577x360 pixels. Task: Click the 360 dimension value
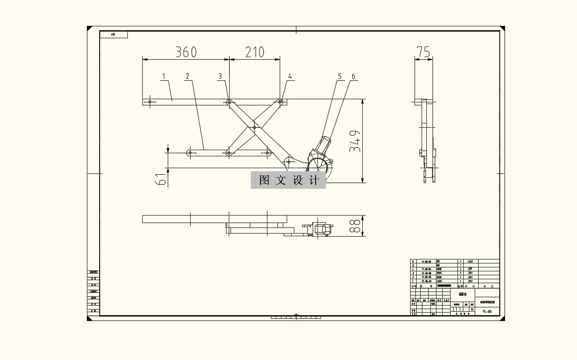(186, 52)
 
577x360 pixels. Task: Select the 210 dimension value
(255, 52)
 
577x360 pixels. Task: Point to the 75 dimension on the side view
(423, 52)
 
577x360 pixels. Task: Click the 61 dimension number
(161, 180)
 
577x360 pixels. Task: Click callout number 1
(164, 76)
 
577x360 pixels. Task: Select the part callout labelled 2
(188, 76)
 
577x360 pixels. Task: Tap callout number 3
(220, 76)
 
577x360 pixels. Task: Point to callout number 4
(290, 76)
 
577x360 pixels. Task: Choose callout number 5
(339, 76)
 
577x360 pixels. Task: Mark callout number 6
(353, 76)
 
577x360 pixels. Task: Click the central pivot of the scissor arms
(255, 128)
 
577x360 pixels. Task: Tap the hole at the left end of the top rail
(150, 102)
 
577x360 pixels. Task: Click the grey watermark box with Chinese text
(288, 180)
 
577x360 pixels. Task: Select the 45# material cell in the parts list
(469, 261)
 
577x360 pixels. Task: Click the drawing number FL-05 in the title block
(487, 311)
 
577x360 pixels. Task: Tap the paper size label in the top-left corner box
(113, 34)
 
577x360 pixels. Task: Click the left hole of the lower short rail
(190, 153)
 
